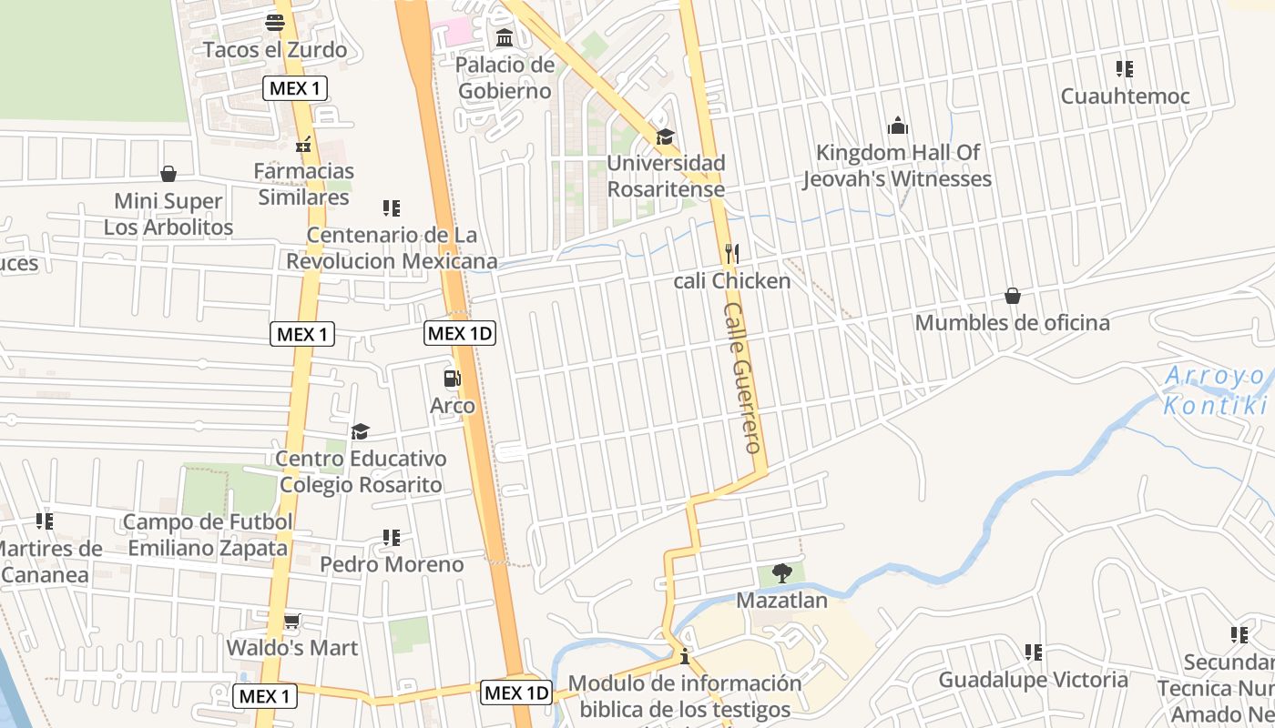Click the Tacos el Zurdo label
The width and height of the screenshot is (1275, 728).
275,49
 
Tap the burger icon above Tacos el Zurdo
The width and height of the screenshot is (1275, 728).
275,22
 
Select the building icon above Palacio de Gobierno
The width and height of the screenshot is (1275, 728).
505,38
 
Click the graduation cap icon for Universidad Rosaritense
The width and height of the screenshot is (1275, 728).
666,136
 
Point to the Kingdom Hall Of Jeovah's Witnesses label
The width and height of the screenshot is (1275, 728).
896,166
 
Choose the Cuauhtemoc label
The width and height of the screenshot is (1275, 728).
1125,96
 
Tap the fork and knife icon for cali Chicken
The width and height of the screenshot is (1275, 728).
731,252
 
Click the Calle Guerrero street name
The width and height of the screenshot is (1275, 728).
742,378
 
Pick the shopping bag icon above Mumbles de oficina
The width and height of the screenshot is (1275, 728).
1012,296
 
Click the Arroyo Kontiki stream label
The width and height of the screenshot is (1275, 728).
1216,390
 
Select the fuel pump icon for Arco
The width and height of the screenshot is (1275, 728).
452,378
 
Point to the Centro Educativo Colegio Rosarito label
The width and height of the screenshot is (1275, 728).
361,471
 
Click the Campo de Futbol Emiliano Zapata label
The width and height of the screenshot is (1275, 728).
208,535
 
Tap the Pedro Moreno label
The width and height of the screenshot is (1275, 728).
392,564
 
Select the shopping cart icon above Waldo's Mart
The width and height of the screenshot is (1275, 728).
291,622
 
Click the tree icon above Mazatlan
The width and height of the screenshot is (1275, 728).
781,572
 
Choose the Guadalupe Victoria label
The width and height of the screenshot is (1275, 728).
1033,680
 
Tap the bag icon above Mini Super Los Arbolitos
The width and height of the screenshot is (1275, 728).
168,174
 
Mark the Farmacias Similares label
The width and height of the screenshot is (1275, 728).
303,184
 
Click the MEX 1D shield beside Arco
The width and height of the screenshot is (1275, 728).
460,333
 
